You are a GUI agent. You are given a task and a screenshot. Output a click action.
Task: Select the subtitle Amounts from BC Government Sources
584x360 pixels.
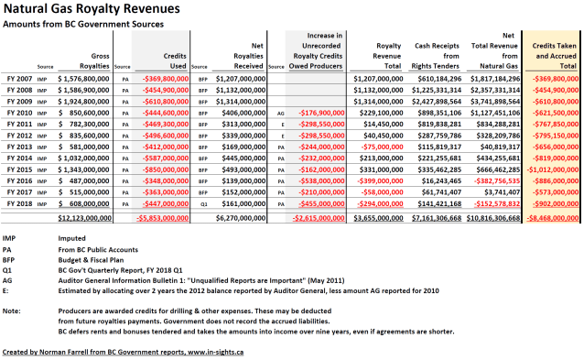86,26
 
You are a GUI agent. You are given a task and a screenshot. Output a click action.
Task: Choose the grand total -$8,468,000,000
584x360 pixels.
555,219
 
